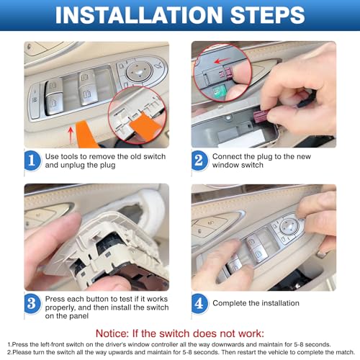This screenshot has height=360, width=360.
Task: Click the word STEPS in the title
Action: (x=267, y=15)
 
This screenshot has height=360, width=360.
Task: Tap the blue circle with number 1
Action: (x=32, y=161)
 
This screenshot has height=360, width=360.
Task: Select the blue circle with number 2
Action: (x=199, y=161)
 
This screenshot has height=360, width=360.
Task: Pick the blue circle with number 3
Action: (x=32, y=303)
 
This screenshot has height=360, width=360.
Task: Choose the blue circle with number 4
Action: (x=199, y=303)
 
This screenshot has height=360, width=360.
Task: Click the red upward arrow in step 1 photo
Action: (x=71, y=135)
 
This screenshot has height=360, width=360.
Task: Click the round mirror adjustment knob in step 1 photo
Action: (x=139, y=71)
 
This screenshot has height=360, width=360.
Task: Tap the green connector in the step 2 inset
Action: (x=218, y=92)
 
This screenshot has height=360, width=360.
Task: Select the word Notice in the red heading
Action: (x=112, y=333)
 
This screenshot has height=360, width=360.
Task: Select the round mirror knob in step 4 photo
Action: (x=289, y=226)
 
